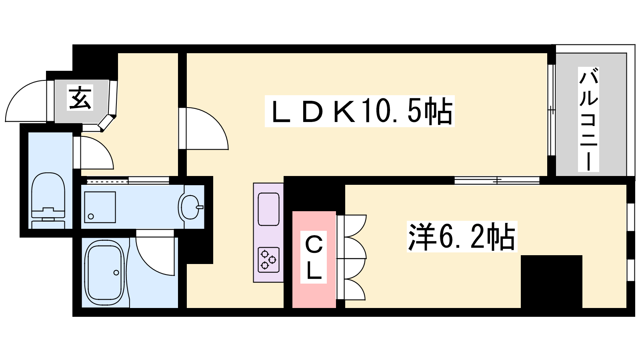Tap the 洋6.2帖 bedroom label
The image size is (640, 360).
point(462,236)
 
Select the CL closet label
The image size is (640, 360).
point(314,258)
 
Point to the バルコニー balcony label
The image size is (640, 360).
point(588,120)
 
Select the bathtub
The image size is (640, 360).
point(105,272)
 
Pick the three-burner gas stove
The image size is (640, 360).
point(268,260)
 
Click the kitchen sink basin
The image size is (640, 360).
point(268,209)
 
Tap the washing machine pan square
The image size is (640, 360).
point(100,207)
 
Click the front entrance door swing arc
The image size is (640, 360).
point(26,100)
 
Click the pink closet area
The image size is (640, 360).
point(314,296)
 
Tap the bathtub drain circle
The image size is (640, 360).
point(116,273)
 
